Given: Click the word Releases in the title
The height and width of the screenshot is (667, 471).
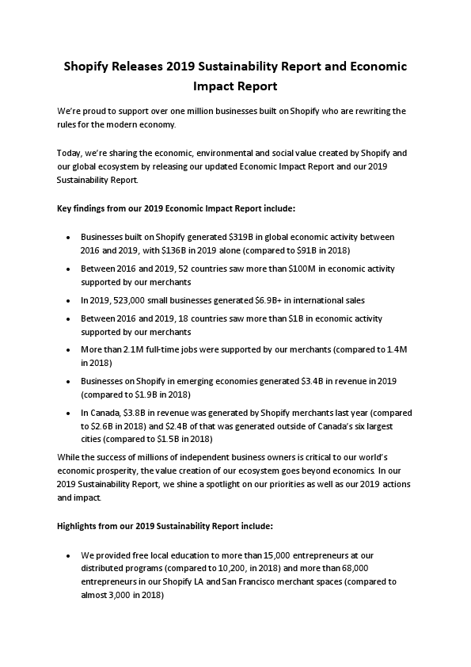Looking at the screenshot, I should [137, 67].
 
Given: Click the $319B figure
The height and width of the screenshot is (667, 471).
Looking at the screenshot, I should [241, 237].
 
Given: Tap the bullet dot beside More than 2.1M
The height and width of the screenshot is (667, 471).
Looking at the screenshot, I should [70, 350].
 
